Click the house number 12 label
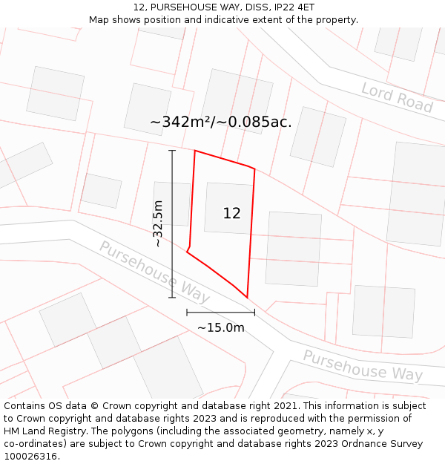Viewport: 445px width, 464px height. pos(231,213)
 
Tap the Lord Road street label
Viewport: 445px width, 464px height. pos(397,98)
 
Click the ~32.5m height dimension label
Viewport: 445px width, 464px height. pos(157,223)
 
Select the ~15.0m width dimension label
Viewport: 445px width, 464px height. pos(220,327)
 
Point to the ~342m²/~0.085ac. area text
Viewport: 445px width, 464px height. pos(221,122)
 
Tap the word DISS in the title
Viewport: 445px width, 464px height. pos(250,7)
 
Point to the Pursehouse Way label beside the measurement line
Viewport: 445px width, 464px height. pos(154,272)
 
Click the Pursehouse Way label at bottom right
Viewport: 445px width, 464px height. pos(363,366)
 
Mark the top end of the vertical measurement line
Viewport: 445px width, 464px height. pos(172,151)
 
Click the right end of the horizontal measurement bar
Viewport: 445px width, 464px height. pos(254,312)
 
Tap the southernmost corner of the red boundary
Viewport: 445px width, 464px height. pos(247,298)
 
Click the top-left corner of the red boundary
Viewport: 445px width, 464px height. pos(195,151)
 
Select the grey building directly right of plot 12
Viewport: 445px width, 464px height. pos(293,249)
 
